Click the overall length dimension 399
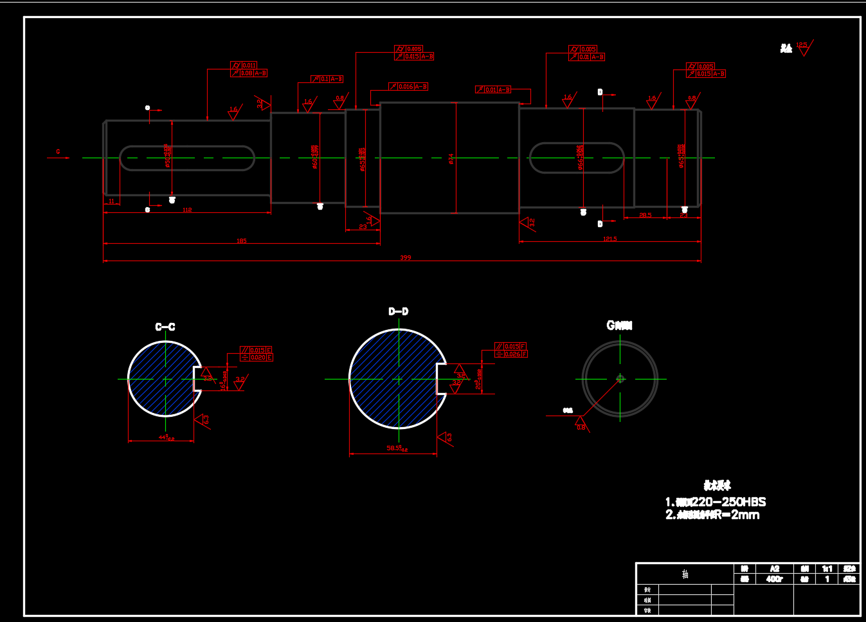tap(405, 257)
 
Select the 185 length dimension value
tap(242, 241)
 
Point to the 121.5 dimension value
tap(609, 239)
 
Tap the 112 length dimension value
tap(187, 210)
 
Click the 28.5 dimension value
tap(645, 215)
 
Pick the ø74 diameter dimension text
tap(451, 158)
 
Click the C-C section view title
tap(165, 327)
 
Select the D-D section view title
tap(398, 311)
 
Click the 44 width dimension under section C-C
tap(166, 438)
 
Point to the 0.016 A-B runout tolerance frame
tap(408, 86)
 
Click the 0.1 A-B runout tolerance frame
tap(327, 78)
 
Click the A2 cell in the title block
tap(774, 569)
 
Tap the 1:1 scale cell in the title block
tap(827, 569)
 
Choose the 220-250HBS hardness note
tap(716, 502)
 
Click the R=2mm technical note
tap(712, 515)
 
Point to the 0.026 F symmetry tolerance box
tap(512, 354)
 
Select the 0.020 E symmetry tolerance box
tap(257, 358)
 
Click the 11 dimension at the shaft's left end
tap(111, 201)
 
